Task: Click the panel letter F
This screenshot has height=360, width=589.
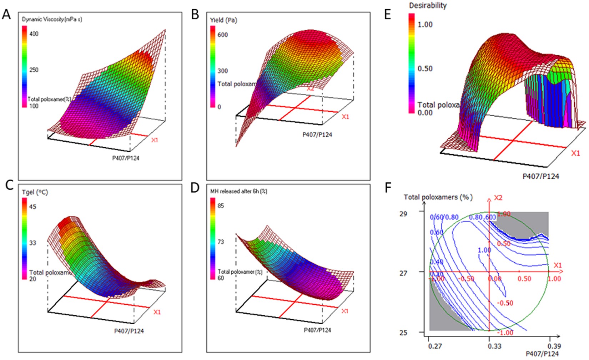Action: [x=388, y=188]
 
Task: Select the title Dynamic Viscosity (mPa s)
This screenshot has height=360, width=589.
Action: [x=52, y=19]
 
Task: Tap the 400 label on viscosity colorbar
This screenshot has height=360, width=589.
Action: [x=34, y=34]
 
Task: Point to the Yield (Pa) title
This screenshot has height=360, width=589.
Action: [x=223, y=20]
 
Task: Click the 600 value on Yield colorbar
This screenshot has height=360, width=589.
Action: [x=222, y=35]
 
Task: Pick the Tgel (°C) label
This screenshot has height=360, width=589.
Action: [x=35, y=192]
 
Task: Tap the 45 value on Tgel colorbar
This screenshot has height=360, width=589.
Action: [x=32, y=207]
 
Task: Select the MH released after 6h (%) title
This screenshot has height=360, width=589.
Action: [x=238, y=191]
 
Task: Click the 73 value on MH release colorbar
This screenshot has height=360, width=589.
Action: [x=221, y=242]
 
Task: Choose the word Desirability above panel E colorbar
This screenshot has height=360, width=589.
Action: [x=428, y=5]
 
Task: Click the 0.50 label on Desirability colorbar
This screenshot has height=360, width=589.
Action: [x=425, y=69]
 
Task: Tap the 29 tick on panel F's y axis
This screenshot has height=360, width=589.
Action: [x=403, y=214]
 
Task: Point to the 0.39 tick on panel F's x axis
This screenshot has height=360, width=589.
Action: [x=554, y=346]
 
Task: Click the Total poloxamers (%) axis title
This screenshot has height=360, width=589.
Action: [x=438, y=197]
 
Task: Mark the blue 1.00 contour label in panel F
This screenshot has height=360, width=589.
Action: [x=484, y=250]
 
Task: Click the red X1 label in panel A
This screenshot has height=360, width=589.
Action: [x=154, y=140]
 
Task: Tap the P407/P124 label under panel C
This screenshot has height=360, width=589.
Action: [x=129, y=331]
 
